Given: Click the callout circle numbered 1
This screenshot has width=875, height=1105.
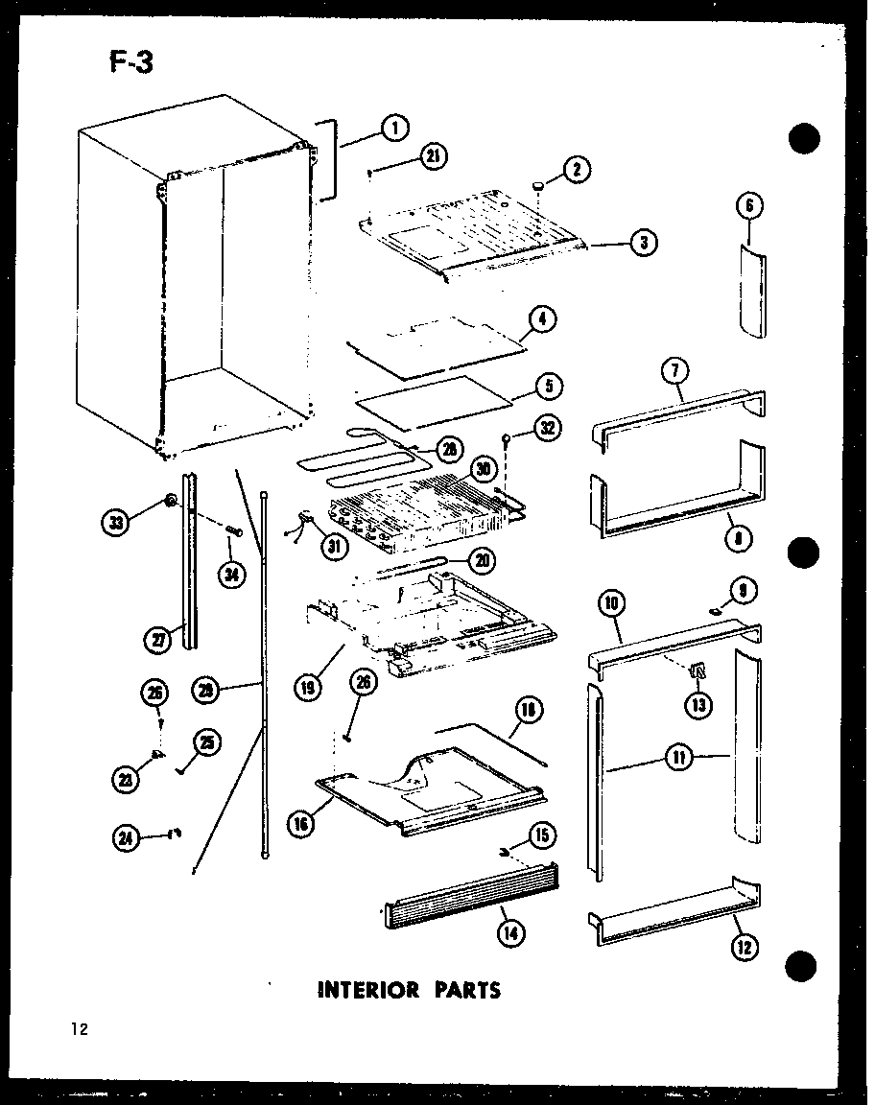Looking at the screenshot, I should [393, 127].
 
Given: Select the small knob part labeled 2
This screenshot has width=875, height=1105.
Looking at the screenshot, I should [540, 183].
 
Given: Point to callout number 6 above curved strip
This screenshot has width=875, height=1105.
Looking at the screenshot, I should [750, 205].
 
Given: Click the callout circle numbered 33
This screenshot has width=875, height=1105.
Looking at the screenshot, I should [115, 524].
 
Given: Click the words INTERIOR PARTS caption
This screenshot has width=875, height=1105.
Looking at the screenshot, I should [409, 989].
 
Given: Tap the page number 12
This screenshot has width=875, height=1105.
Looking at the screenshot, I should [79, 1030].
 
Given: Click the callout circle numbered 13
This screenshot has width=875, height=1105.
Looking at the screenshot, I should [697, 705].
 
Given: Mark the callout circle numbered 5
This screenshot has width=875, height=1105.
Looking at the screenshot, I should [550, 388].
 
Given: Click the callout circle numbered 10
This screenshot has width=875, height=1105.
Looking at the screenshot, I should [610, 604].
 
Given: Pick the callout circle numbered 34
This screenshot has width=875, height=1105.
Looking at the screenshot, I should [231, 573].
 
